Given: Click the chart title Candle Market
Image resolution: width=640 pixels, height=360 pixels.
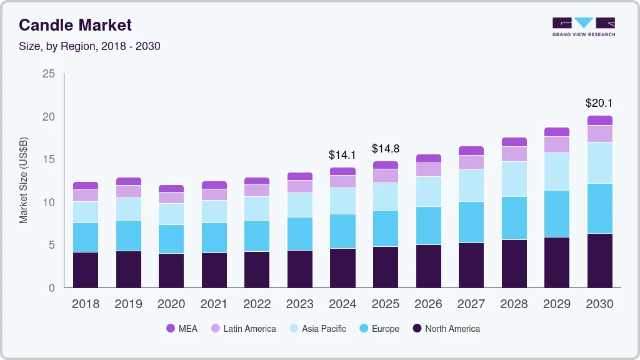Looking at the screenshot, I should pos(75,25).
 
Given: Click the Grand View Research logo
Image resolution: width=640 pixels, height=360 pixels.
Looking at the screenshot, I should pos(583,27).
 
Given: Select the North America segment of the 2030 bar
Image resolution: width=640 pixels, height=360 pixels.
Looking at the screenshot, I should pos(599,261).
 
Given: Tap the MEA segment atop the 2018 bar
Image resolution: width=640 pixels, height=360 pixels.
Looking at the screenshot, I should pos(86,186).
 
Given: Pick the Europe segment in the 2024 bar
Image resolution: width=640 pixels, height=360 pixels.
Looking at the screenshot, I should pos(342,231).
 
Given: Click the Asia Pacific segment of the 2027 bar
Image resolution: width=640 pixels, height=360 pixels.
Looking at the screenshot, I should pos(471,186).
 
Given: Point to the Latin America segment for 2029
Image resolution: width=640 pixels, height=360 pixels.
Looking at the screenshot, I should pos(556,144).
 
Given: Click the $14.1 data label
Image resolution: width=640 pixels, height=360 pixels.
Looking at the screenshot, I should pos(342,154).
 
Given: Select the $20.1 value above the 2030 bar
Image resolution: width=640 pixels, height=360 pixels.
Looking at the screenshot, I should pos(599,102).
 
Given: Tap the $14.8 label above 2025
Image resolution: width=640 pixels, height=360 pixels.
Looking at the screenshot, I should pos(386,149).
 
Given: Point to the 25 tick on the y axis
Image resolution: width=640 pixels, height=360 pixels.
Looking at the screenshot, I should pos(49,74).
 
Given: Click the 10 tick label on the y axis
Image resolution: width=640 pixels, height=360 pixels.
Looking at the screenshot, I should pos(49,202).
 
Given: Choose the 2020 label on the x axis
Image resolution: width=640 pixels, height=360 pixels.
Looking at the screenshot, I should pos(171,304).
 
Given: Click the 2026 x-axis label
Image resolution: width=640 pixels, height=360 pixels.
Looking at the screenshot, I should pos(428,304).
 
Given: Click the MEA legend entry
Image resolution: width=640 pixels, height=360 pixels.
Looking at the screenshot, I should pos(182,328).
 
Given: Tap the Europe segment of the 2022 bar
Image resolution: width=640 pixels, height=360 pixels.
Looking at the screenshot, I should pos(257,236).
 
